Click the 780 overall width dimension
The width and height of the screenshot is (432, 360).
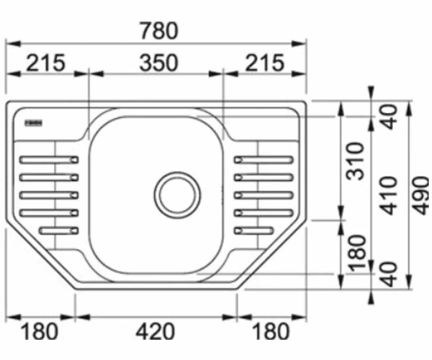[x=159, y=31]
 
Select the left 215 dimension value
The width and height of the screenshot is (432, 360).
[x=46, y=63]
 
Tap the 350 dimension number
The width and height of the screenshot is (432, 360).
[x=158, y=63]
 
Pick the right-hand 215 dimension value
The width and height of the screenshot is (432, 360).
[x=264, y=63]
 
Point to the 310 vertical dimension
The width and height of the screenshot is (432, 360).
[x=355, y=161]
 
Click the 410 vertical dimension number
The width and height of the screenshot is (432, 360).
[x=389, y=196]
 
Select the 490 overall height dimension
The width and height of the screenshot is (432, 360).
[x=420, y=196]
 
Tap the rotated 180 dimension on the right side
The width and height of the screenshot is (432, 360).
[x=357, y=253]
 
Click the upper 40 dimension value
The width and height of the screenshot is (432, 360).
[x=389, y=117]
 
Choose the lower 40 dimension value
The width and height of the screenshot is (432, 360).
[x=389, y=274]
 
